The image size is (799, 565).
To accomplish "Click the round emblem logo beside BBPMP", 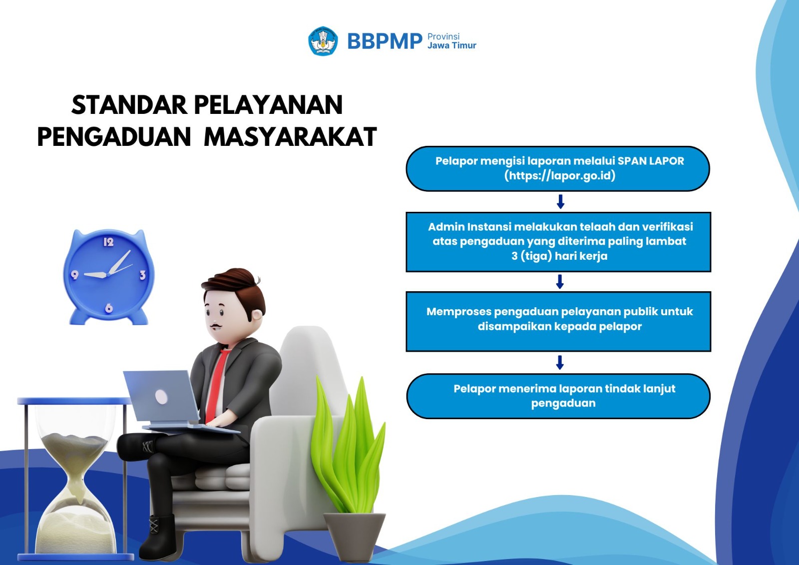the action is [x=323, y=41].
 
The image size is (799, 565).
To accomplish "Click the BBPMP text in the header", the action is [x=385, y=41].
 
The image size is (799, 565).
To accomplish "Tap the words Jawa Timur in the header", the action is [x=451, y=45].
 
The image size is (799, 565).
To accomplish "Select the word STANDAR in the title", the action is [x=129, y=105].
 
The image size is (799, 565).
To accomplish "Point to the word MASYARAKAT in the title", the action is [x=290, y=136].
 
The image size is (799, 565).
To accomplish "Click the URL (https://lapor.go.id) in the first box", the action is [x=560, y=176].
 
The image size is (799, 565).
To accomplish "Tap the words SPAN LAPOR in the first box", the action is [x=651, y=161].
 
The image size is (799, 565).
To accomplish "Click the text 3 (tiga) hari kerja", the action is [x=559, y=256].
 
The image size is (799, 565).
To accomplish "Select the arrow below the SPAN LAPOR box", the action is [x=560, y=202].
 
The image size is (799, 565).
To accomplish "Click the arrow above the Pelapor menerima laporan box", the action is [x=560, y=362].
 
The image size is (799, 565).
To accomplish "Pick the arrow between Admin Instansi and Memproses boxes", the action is [x=560, y=282].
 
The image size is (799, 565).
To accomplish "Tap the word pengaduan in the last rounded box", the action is [x=563, y=403].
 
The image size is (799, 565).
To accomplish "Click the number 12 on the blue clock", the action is [x=108, y=242].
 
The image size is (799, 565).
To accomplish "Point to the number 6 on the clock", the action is [x=109, y=308].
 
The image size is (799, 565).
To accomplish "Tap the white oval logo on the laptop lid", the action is [x=161, y=397].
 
